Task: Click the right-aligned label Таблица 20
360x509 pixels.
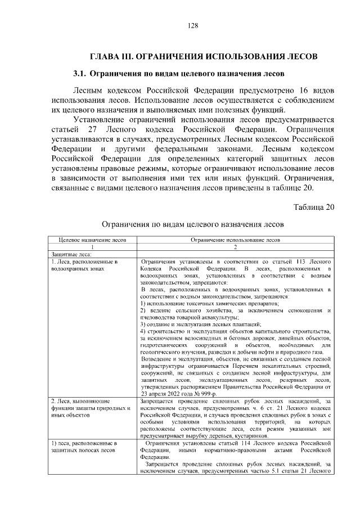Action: pyautogui.click(x=314, y=206)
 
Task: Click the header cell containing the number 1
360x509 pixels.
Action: pyautogui.click(x=92, y=246)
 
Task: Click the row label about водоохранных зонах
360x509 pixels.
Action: pyautogui.click(x=84, y=265)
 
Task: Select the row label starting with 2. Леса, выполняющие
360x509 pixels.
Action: pyautogui.click(x=88, y=406)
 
